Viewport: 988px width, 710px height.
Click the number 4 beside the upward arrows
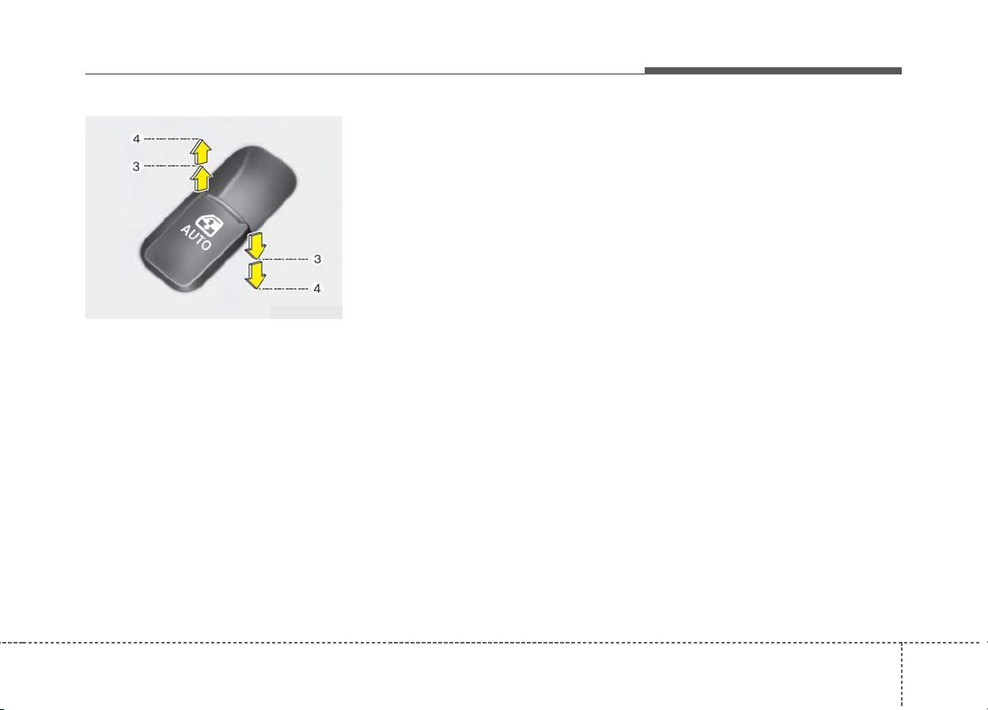pos(136,139)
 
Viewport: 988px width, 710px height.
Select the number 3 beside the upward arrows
pos(136,166)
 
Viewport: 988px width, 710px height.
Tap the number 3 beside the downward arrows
pos(317,259)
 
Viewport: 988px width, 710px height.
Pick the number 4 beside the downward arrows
pos(316,289)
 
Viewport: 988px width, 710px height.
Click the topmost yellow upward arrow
pos(201,151)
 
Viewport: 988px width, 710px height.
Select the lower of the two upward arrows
pos(202,179)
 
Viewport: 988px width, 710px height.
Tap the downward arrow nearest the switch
pos(256,246)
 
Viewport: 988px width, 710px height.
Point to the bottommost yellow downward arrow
pos(256,275)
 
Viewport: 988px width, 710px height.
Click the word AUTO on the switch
pos(196,237)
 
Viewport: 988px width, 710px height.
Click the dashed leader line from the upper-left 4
pos(172,139)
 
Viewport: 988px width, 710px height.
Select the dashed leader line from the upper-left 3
pos(170,166)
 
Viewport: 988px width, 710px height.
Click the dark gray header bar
pos(773,70)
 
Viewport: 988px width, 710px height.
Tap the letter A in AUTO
pos(186,230)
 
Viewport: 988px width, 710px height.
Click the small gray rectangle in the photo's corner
pos(306,312)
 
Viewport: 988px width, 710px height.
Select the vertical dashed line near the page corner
pos(902,676)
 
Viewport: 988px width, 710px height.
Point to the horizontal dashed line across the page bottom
pos(494,643)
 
